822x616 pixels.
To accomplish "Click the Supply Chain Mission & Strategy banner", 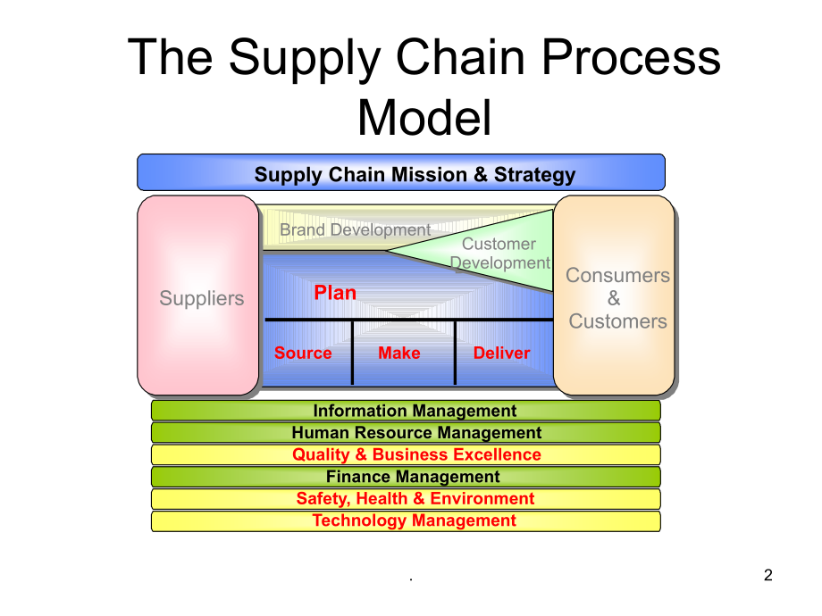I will point(401,173).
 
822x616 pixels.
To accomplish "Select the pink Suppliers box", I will point(198,296).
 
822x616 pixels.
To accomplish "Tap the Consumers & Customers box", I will point(615,296).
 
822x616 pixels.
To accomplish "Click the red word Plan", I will point(335,293).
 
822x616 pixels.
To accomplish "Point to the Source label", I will point(303,354).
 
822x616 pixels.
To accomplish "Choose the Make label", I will point(398,354).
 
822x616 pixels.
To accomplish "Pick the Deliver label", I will point(501,354).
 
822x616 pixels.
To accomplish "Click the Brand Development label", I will point(355,230).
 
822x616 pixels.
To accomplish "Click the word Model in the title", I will point(424,117).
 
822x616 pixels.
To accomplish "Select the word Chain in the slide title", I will point(466,58).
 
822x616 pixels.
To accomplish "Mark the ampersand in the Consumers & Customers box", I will point(614,299).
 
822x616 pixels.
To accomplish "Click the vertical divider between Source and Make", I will point(353,353).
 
